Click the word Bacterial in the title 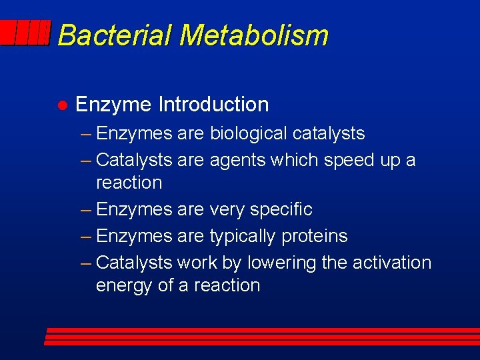[115, 35]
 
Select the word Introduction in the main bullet [213, 105]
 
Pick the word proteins [315, 236]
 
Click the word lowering [282, 263]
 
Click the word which [297, 160]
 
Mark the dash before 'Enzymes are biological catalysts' [86, 133]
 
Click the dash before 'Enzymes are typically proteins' [86, 236]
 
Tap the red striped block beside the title [25, 33]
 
